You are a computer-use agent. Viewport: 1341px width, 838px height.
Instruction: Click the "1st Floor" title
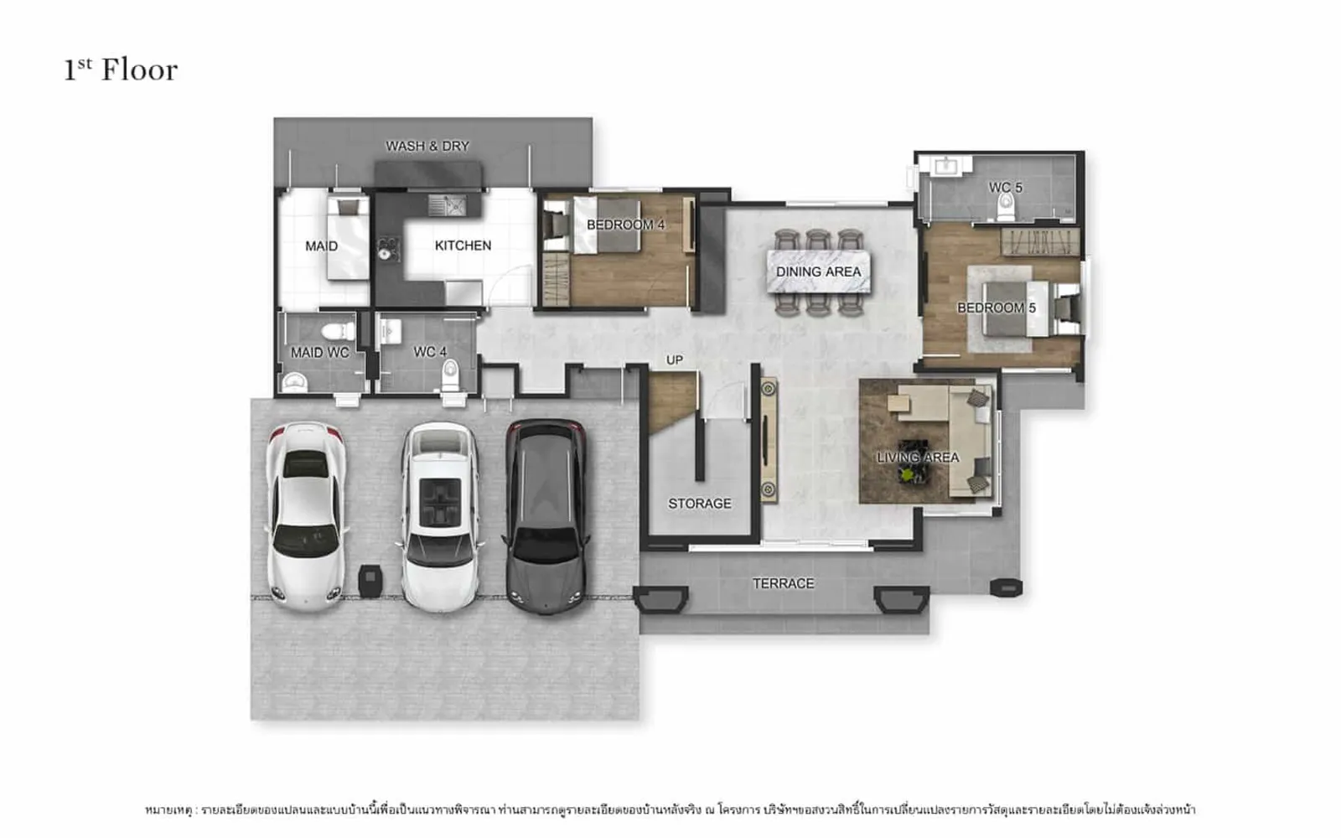coord(121,70)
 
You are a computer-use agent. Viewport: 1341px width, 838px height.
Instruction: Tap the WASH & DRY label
coord(427,146)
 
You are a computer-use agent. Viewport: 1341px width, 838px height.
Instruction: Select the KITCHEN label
coord(463,246)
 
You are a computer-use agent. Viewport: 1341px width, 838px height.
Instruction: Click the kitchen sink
coord(448,205)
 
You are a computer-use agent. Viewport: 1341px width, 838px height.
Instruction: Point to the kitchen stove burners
coord(388,249)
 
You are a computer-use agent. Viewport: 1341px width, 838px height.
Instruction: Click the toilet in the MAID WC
coord(339,331)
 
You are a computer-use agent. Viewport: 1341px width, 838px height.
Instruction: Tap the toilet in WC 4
coord(450,375)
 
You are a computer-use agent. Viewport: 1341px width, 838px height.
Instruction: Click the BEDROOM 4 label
coord(625,225)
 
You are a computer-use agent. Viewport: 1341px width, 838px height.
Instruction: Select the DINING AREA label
coord(818,272)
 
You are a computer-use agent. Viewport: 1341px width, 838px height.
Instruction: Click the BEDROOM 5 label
coord(997,308)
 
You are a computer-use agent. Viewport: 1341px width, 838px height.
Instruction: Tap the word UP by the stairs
coord(675,360)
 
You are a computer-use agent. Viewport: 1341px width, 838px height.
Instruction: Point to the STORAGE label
coord(700,504)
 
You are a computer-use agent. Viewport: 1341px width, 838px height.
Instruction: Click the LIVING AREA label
coord(918,458)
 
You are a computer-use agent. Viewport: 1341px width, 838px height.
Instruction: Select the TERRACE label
coord(783,583)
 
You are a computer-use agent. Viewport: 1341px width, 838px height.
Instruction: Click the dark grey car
coord(546,516)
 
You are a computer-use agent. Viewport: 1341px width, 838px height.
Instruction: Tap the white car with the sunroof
coord(440,516)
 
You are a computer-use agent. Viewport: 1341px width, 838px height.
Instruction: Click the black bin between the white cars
coord(370,581)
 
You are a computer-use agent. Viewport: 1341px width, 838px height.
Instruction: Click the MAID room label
coord(322,246)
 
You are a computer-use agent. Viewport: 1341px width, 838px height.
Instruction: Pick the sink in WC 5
coord(946,166)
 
